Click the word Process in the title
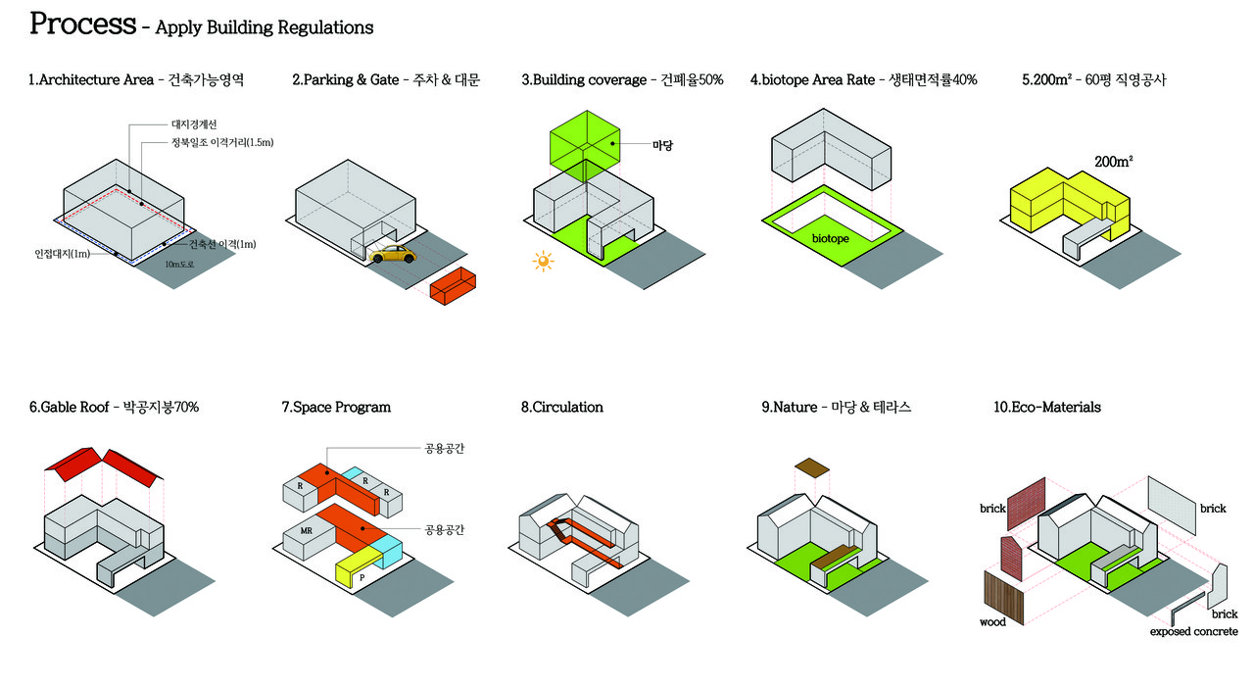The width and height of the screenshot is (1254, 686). pyautogui.click(x=82, y=24)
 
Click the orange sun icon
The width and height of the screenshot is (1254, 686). pyautogui.click(x=542, y=262)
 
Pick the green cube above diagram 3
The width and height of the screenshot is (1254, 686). pyautogui.click(x=586, y=145)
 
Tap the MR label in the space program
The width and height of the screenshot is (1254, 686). pyautogui.click(x=307, y=530)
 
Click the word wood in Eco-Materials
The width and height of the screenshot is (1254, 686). pyautogui.click(x=992, y=622)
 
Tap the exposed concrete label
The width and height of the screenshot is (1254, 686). pyautogui.click(x=1193, y=631)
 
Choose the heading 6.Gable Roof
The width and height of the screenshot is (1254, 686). pyautogui.click(x=114, y=407)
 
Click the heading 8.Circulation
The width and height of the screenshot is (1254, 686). pyautogui.click(x=562, y=407)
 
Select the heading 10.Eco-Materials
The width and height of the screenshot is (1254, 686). pyautogui.click(x=1047, y=407)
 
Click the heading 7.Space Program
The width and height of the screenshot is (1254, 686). pyautogui.click(x=336, y=407)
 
